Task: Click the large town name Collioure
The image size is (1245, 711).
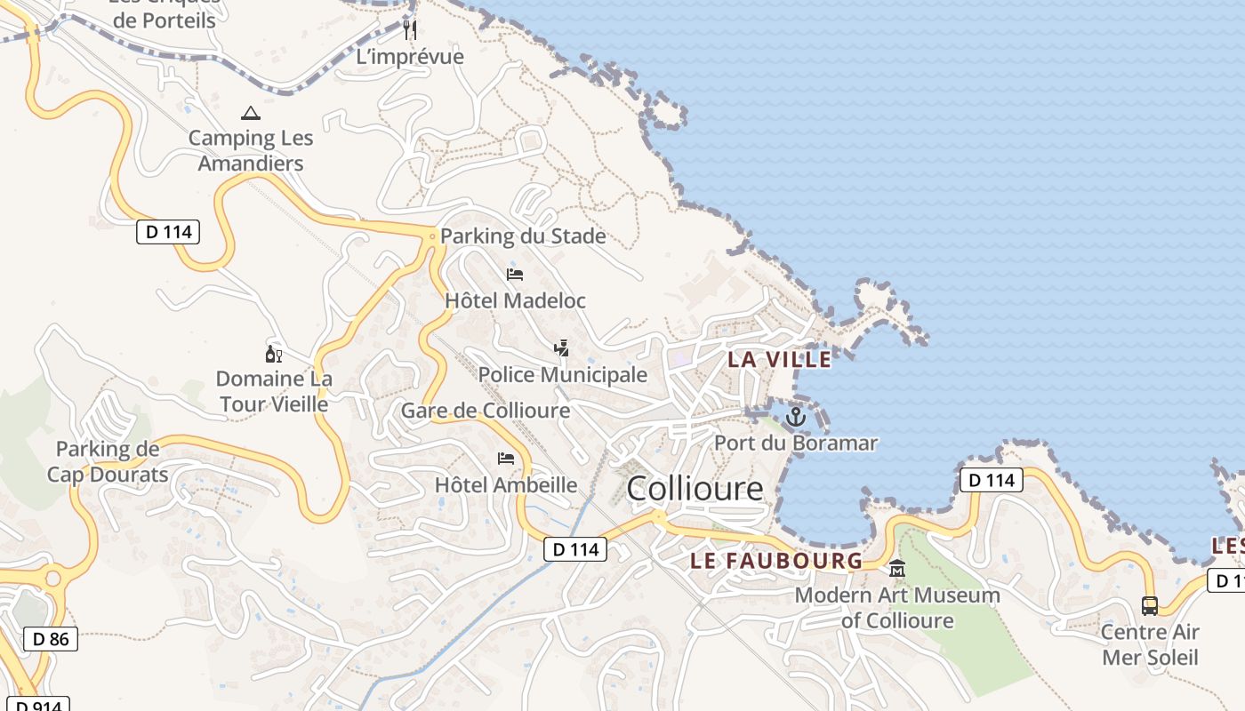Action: (x=695, y=489)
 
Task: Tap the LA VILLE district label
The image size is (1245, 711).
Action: (x=780, y=360)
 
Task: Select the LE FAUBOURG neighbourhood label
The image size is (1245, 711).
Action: (x=776, y=561)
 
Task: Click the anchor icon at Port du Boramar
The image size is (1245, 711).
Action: (x=795, y=416)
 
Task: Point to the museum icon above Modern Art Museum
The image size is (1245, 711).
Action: (x=897, y=569)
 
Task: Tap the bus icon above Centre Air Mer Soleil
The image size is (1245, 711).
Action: (x=1150, y=606)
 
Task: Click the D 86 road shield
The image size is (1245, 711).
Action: (x=51, y=638)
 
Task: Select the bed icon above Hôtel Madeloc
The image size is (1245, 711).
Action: (x=515, y=275)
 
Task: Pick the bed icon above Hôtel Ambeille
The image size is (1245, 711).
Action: (x=506, y=459)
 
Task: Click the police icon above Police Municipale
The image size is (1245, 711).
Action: (x=561, y=348)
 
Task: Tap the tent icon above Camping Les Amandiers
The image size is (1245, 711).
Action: (x=251, y=114)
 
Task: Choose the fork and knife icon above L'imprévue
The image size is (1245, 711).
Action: (x=410, y=30)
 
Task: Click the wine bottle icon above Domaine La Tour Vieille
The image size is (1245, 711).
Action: (x=274, y=354)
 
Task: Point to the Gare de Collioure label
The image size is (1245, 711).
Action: (x=486, y=411)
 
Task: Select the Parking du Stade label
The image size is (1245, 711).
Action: (x=523, y=236)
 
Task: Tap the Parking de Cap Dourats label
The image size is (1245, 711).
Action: (x=108, y=462)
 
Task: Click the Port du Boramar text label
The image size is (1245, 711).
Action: (x=796, y=443)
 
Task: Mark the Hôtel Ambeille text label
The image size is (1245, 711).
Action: (x=505, y=485)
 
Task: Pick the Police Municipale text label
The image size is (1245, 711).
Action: (x=563, y=375)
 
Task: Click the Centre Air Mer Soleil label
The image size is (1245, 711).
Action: (x=1150, y=645)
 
